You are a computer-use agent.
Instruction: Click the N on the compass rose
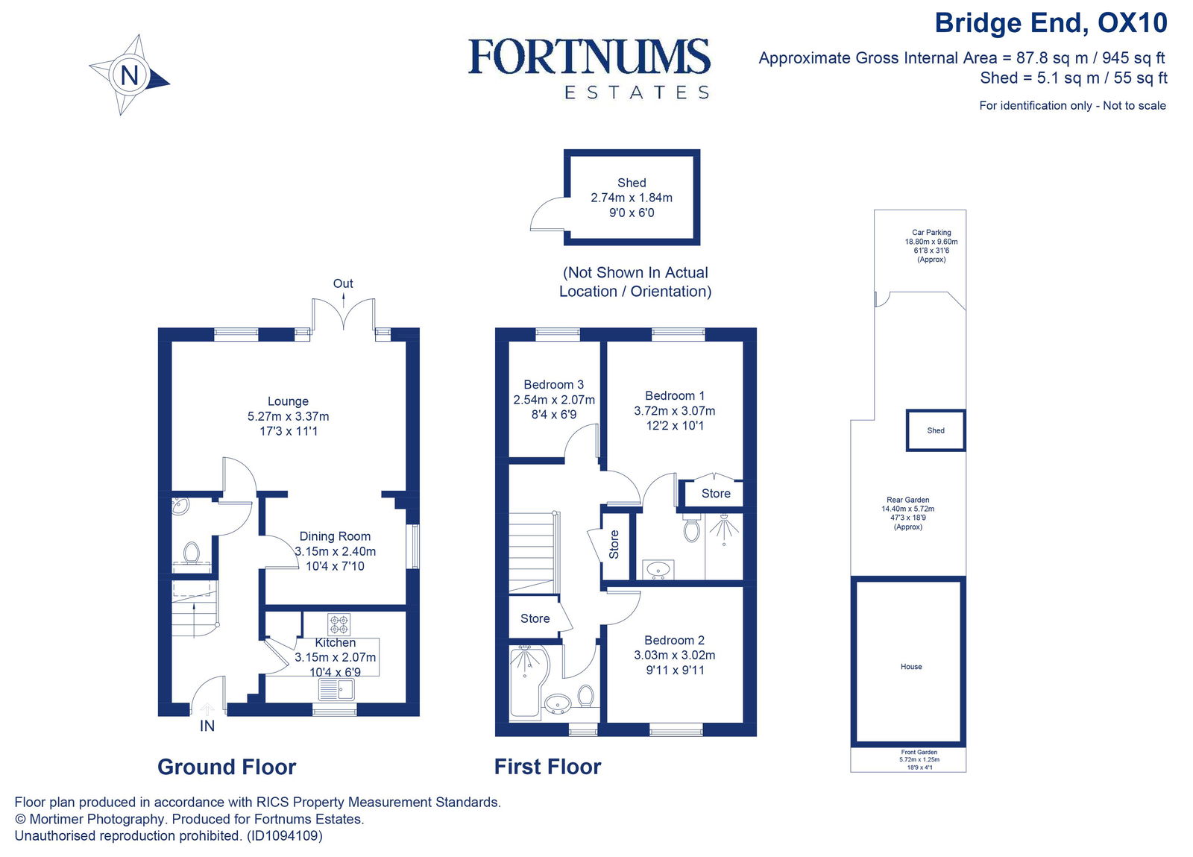coord(130,75)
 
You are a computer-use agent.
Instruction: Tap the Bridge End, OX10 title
coord(1051,23)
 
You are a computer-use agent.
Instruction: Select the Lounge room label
coord(288,401)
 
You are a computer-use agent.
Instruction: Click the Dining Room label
coord(335,536)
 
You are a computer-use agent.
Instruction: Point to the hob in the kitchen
coord(339,623)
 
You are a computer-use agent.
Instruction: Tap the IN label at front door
coord(207,726)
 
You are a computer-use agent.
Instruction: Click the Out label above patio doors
coord(343,283)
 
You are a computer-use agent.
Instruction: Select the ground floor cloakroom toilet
coord(192,553)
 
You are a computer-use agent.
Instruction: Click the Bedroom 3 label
coord(553,385)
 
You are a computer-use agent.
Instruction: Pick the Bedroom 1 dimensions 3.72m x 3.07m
coord(674,411)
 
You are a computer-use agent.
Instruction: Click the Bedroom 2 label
coord(674,640)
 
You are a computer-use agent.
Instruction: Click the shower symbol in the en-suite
coord(723,528)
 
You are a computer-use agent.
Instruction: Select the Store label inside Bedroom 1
coord(716,494)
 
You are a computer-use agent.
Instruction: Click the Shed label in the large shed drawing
coord(632,183)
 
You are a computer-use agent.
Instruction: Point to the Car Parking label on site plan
coord(931,233)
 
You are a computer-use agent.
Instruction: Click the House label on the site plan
coord(911,667)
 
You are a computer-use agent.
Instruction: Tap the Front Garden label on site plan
coord(919,753)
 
